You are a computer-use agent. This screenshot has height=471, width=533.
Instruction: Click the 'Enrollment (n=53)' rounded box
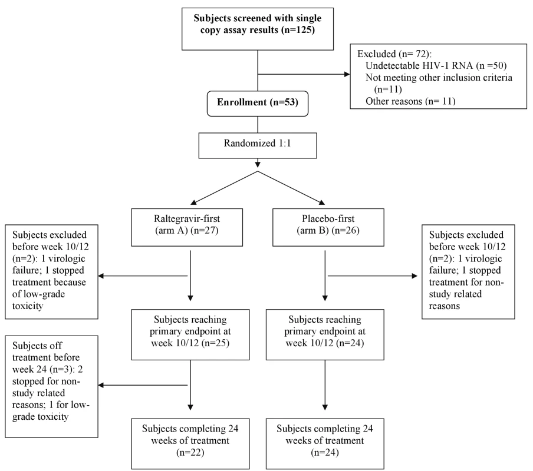[258, 104]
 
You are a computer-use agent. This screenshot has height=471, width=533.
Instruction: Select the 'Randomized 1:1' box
[258, 145]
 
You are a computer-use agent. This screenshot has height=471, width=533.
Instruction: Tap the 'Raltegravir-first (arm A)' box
[187, 227]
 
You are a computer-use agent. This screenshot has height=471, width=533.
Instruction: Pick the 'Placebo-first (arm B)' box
[328, 227]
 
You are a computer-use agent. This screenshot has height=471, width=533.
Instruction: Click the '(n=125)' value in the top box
[298, 30]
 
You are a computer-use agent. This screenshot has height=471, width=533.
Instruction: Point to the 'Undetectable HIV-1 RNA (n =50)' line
[436, 65]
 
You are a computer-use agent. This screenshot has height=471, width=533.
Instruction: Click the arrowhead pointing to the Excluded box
[347, 74]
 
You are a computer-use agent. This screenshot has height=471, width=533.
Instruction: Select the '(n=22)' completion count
[190, 452]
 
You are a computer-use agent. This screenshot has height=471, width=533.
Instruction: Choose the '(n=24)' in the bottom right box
[325, 452]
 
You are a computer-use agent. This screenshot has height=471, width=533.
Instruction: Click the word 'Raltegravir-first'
[187, 218]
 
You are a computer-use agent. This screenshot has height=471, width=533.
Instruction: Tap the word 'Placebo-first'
[328, 218]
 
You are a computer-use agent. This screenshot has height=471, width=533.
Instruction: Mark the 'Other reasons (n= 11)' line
[410, 101]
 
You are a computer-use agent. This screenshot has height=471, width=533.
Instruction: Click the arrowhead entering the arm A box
[193, 203]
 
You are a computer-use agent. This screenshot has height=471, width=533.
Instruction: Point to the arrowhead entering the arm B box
[321, 203]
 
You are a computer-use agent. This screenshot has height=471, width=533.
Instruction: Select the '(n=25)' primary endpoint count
[216, 343]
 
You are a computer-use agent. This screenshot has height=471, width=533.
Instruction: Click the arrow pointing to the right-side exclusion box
[373, 276]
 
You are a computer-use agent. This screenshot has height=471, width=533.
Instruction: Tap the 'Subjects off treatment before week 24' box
[52, 386]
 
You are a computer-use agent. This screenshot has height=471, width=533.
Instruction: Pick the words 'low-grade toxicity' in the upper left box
[38, 300]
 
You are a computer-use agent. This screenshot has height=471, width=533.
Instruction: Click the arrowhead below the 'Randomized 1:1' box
[258, 165]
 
